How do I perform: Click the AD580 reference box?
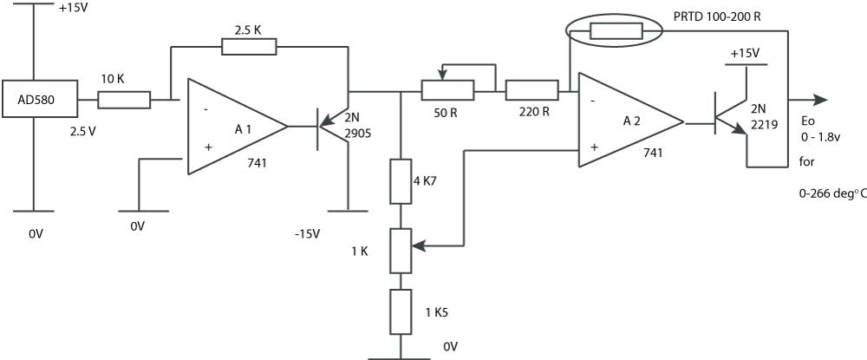(x=40, y=99)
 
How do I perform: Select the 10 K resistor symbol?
(x=124, y=100)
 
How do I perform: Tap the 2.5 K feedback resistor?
(x=249, y=47)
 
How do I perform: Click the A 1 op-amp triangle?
(x=238, y=127)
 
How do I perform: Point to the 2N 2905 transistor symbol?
(x=332, y=127)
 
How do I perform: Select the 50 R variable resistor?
(x=447, y=89)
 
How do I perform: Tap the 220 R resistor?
(x=531, y=90)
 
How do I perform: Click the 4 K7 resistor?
(x=401, y=181)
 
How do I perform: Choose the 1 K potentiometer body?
(x=401, y=251)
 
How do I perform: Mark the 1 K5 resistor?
(x=401, y=312)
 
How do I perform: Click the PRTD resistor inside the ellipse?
(x=616, y=31)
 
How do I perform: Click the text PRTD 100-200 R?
(x=717, y=16)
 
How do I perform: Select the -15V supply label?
(x=308, y=234)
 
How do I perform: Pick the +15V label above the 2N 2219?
(x=745, y=54)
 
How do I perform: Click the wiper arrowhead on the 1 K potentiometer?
(x=418, y=245)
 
